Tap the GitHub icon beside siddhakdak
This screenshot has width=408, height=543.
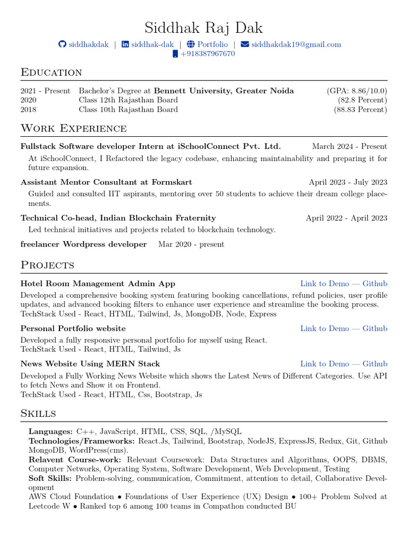click(62, 45)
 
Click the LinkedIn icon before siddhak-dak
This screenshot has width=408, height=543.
click(125, 45)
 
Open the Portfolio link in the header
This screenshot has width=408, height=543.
click(212, 45)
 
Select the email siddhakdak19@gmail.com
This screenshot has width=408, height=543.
click(296, 45)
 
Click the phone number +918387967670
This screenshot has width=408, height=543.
click(207, 54)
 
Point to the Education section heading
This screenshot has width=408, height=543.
click(51, 72)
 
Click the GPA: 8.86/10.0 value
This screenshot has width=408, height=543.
click(357, 91)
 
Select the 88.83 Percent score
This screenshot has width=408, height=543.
click(360, 110)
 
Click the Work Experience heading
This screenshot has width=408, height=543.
click(73, 128)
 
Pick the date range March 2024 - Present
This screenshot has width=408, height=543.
click(350, 146)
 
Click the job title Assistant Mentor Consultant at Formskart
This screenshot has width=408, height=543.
click(106, 182)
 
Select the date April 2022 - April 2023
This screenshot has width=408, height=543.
click(346, 218)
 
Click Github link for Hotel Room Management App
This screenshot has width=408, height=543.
click(375, 284)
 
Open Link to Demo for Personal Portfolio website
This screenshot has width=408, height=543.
click(325, 329)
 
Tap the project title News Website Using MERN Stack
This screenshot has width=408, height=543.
click(90, 364)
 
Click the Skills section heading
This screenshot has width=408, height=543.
click(38, 413)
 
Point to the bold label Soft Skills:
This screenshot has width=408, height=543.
click(51, 478)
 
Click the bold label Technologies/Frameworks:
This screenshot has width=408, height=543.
click(82, 441)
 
